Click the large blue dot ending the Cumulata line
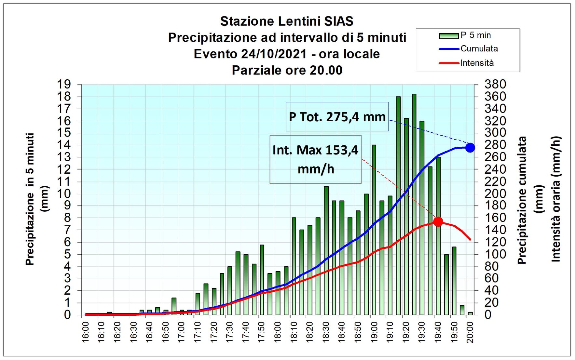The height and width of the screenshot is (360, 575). [470, 148]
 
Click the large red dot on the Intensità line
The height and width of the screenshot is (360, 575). [438, 222]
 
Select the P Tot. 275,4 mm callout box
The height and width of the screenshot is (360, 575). [337, 117]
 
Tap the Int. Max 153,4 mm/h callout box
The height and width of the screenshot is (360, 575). [315, 159]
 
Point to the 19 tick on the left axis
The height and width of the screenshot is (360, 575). [64, 85]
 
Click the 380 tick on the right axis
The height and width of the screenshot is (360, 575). [495, 85]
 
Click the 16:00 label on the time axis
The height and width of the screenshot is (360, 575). [86, 332]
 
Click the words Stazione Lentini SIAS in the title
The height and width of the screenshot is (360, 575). [287, 21]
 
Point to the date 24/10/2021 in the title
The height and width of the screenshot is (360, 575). [274, 54]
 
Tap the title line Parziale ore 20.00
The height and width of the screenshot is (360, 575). [287, 70]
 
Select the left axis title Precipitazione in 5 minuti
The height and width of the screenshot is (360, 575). [30, 199]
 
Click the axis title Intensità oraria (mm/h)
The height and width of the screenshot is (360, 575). [556, 199]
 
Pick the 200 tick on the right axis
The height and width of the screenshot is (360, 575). [495, 194]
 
